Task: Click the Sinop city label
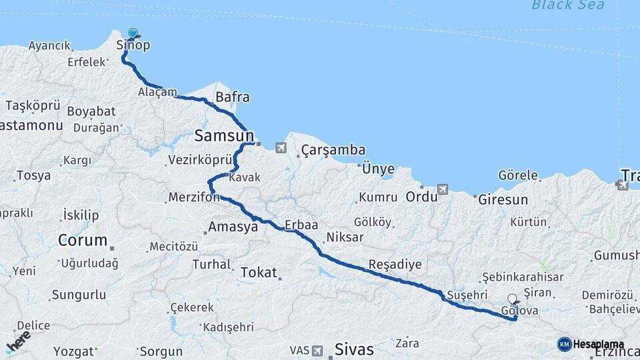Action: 133,45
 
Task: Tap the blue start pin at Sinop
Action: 133,33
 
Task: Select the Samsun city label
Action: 224,136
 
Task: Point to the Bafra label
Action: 232,97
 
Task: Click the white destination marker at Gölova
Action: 512,299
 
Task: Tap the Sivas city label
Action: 354,349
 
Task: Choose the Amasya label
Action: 233,227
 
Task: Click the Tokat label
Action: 259,272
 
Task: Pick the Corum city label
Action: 83,240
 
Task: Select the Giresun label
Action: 503,199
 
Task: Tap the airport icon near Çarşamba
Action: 281,147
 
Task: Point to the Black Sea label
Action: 568,5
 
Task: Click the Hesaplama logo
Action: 591,344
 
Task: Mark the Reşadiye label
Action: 395,264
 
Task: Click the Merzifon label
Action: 193,198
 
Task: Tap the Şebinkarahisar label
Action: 523,277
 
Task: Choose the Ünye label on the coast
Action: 378,169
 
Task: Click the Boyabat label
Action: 91,111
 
